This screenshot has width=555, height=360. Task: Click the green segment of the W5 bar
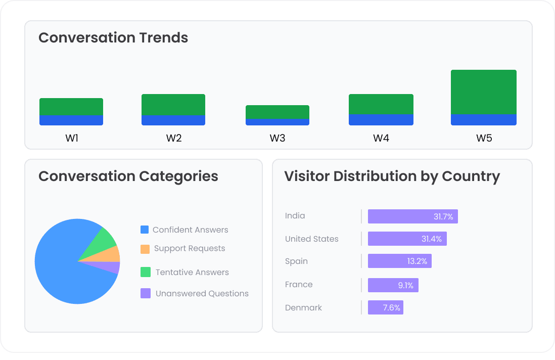click(483, 92)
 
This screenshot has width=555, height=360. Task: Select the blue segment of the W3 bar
click(277, 122)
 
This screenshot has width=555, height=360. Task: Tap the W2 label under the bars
click(173, 138)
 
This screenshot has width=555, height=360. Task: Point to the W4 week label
click(381, 138)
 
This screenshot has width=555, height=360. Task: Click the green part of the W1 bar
click(71, 107)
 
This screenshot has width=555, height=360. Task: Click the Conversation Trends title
click(113, 38)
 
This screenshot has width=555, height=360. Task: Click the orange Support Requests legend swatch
click(145, 249)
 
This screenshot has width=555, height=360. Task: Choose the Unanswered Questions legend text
click(202, 293)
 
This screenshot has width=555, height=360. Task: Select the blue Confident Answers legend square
click(145, 230)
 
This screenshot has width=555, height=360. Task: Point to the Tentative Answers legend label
click(192, 272)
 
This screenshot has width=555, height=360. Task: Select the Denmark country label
click(303, 307)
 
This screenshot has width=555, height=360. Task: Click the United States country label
click(311, 239)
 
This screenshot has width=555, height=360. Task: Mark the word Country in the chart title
click(471, 176)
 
